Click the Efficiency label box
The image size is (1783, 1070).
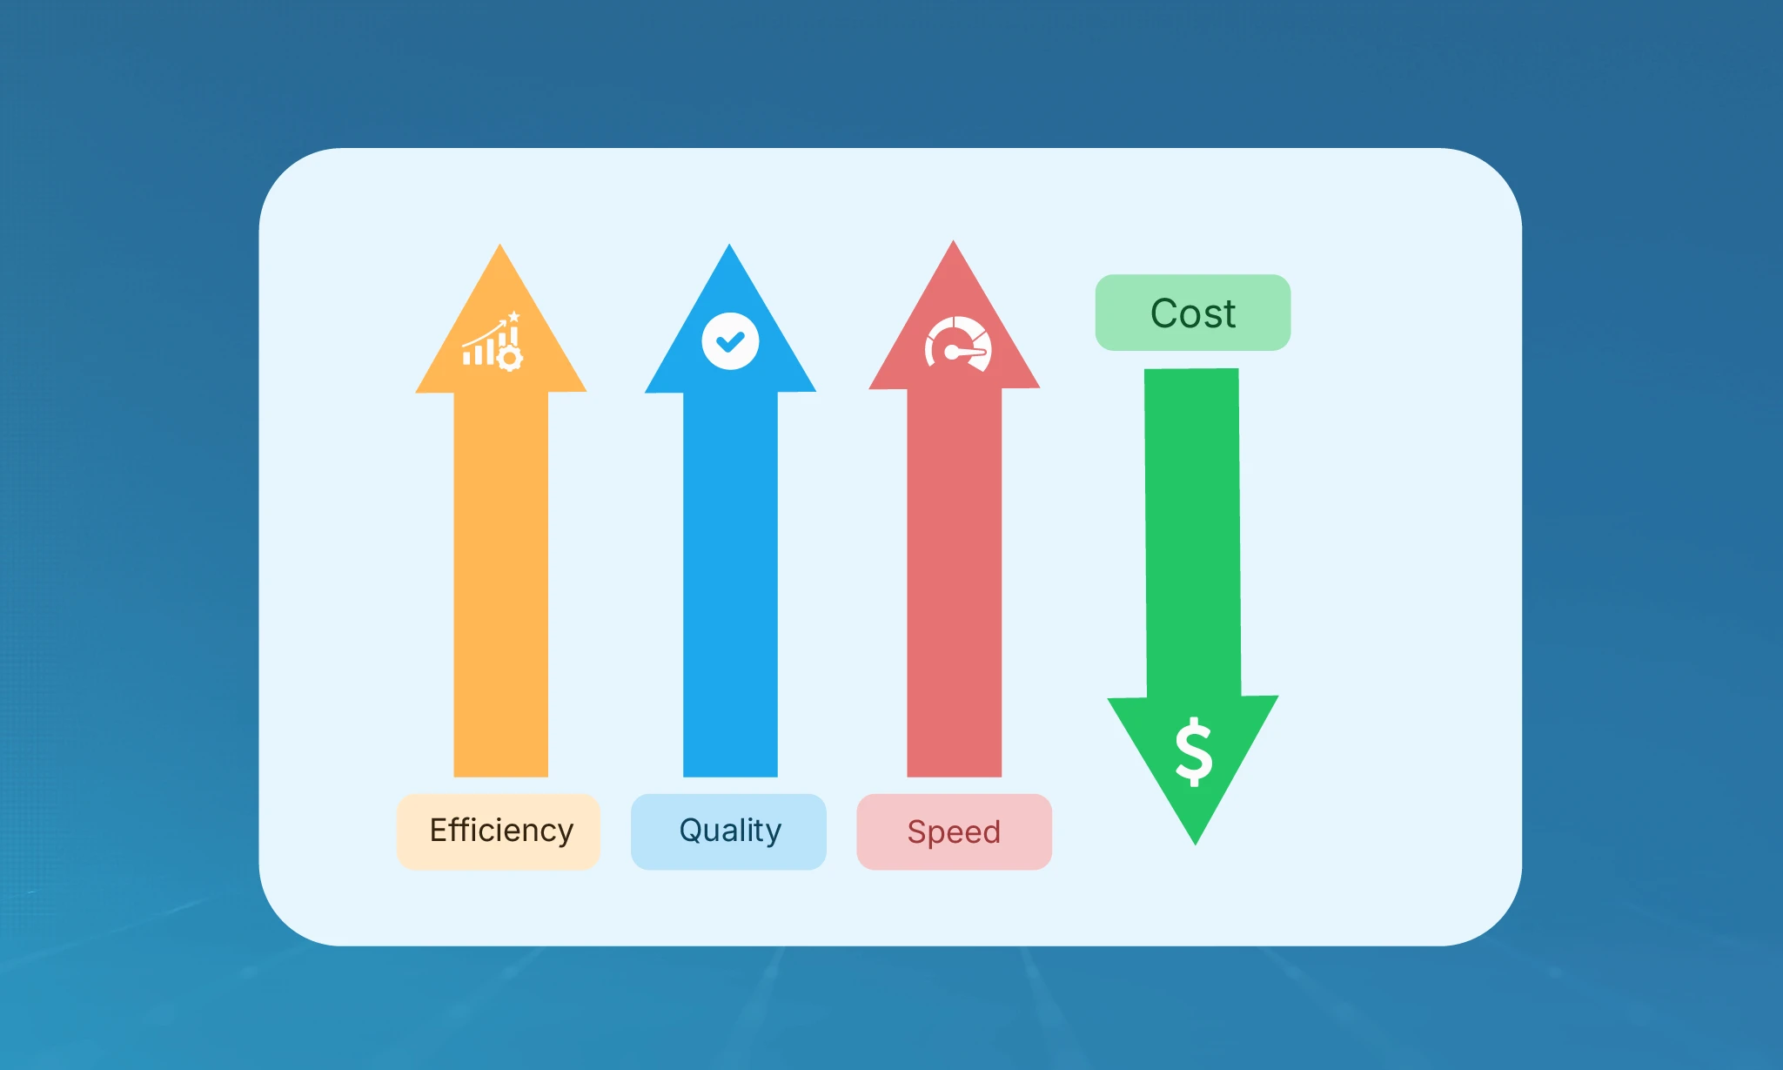click(x=499, y=831)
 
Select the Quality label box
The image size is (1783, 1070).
click(x=728, y=831)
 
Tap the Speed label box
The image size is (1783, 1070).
click(x=954, y=831)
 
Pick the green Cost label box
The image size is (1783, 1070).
click(x=1192, y=313)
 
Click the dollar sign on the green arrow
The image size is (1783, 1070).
click(x=1194, y=752)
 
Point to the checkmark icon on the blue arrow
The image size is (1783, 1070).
click(x=730, y=341)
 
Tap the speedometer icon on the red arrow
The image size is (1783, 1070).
click(x=957, y=346)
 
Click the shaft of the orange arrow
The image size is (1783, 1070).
click(x=500, y=583)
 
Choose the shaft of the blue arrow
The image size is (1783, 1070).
click(x=730, y=583)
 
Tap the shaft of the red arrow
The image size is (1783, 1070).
click(x=954, y=583)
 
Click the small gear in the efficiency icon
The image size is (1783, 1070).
click(x=510, y=358)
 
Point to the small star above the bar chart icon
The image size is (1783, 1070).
click(x=514, y=316)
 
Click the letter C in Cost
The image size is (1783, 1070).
click(x=1163, y=313)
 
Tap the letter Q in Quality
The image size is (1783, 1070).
click(x=691, y=831)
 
